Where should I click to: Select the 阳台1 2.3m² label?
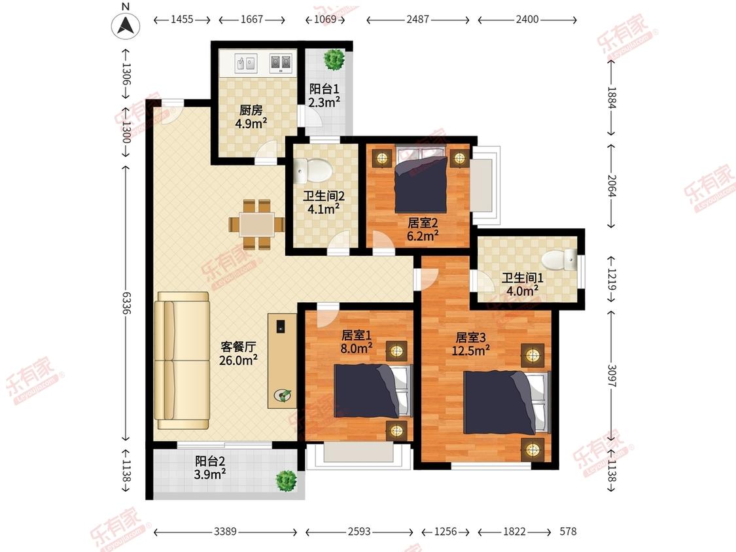[324, 95]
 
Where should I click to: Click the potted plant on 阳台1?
[335, 60]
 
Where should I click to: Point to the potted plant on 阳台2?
[286, 481]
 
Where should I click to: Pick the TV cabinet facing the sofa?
[282, 361]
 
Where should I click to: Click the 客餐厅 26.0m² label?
[238, 353]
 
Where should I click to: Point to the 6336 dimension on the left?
[126, 302]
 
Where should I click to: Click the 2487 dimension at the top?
[417, 20]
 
